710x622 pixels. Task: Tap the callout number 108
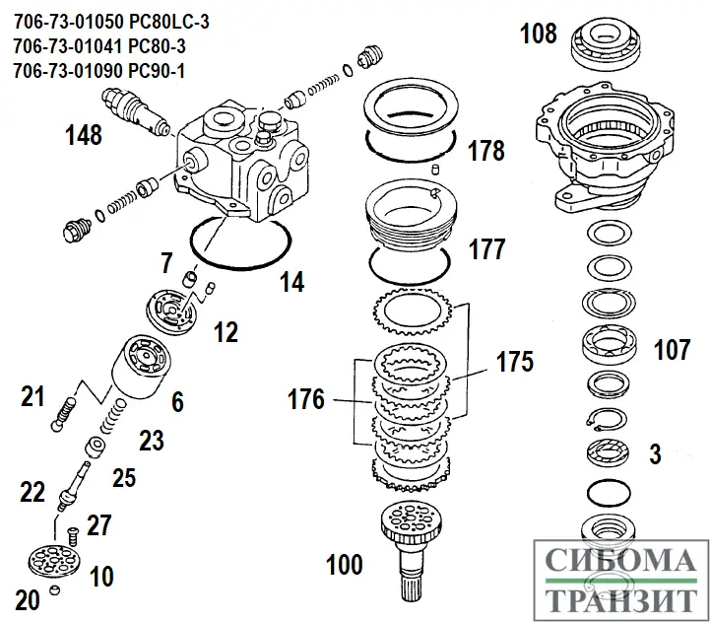[538, 35]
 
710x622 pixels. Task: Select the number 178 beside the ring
[485, 151]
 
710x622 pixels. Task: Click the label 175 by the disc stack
[514, 361]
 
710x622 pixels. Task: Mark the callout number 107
[672, 348]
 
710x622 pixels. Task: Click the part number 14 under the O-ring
[291, 283]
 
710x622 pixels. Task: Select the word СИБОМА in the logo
[620, 562]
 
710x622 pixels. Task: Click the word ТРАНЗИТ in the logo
[620, 599]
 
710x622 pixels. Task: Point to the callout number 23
[150, 440]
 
